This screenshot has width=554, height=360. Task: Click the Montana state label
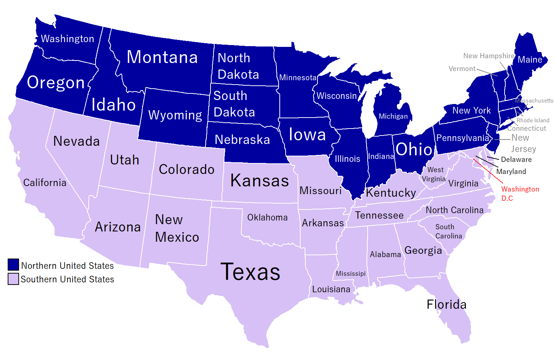click(x=162, y=57)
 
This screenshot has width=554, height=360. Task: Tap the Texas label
click(x=250, y=272)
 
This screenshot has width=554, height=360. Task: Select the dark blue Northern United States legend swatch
click(x=13, y=264)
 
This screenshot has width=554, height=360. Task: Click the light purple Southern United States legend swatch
click(x=13, y=279)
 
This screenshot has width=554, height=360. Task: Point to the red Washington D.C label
click(x=520, y=193)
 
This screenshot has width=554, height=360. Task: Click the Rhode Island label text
click(x=533, y=120)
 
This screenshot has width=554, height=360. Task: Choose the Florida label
click(x=446, y=304)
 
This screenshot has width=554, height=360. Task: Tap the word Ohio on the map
click(x=414, y=149)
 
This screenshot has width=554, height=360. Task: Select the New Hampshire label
click(x=488, y=56)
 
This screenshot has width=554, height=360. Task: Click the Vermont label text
click(x=462, y=68)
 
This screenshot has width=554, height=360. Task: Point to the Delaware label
click(x=516, y=159)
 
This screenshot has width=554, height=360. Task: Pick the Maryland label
click(x=511, y=171)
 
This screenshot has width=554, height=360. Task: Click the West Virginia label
click(x=434, y=174)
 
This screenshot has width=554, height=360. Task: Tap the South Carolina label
click(x=448, y=231)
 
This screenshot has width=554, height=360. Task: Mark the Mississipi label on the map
click(x=350, y=274)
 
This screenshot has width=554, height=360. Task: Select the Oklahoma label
click(x=267, y=218)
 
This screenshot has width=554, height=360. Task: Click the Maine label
click(x=530, y=60)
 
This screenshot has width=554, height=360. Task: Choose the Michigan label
click(x=393, y=116)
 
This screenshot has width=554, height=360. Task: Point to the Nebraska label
click(x=242, y=140)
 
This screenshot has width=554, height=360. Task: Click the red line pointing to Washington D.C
click(x=488, y=171)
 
